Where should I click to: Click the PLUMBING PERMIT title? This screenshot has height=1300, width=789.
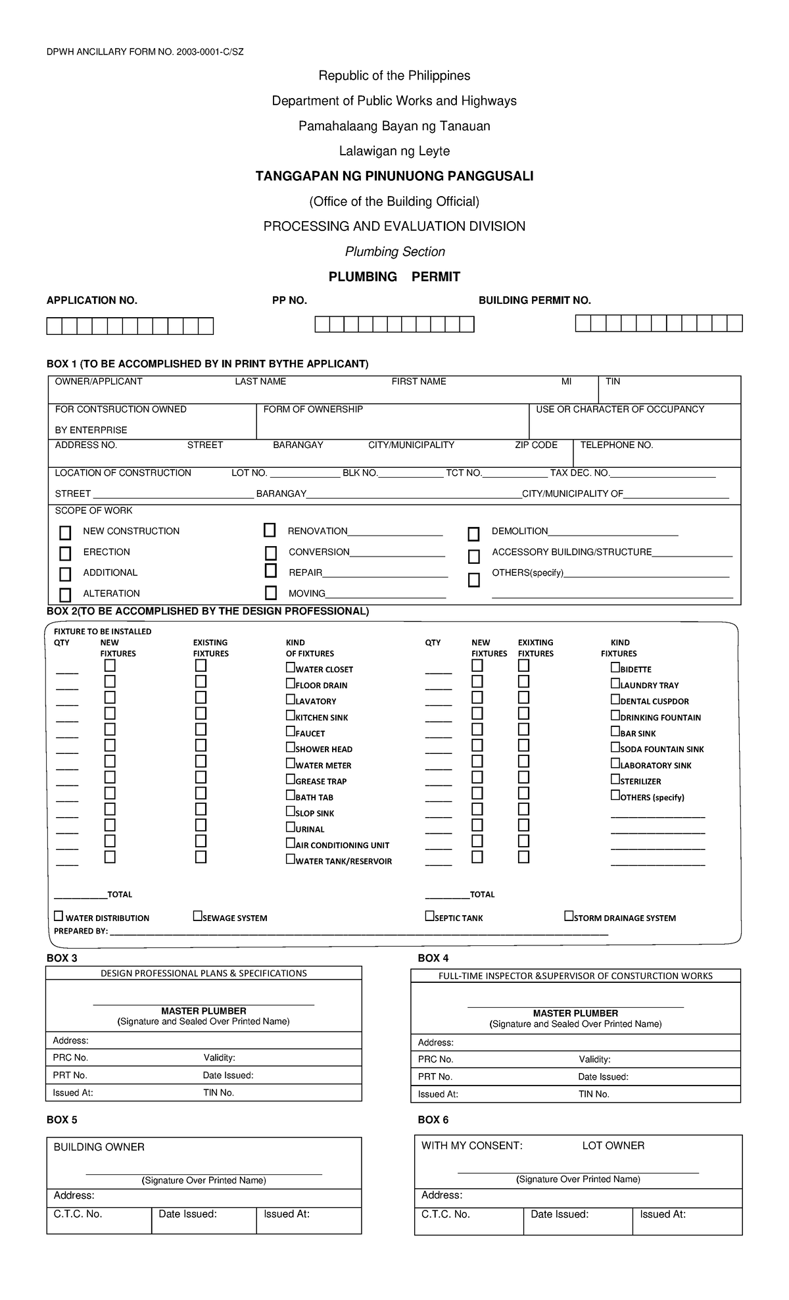point(394,277)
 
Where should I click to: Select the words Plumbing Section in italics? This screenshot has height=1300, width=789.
point(394,251)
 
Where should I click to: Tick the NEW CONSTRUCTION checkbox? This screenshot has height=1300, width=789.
point(65,532)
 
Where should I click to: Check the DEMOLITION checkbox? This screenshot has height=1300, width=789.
point(473,534)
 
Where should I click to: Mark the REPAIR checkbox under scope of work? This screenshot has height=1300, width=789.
point(271,570)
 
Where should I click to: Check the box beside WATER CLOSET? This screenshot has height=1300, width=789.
point(291,667)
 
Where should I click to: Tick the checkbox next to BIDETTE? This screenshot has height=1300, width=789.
point(615,667)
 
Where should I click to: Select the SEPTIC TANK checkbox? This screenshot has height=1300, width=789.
point(429,916)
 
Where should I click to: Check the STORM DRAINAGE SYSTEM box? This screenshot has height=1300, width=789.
point(569,916)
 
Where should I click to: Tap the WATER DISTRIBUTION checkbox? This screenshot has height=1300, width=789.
point(59,916)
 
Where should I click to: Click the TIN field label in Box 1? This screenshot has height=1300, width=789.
point(612,382)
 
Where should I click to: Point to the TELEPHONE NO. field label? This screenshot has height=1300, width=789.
point(616,445)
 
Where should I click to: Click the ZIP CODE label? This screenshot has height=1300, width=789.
point(536,445)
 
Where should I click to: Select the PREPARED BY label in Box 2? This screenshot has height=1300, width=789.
point(80,932)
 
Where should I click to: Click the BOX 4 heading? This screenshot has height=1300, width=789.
point(433,958)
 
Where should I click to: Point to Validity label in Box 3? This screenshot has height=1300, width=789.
point(219,1058)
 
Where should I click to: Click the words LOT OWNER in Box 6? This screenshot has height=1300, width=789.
point(613,1145)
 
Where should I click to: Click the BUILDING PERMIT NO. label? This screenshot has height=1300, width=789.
point(534,301)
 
